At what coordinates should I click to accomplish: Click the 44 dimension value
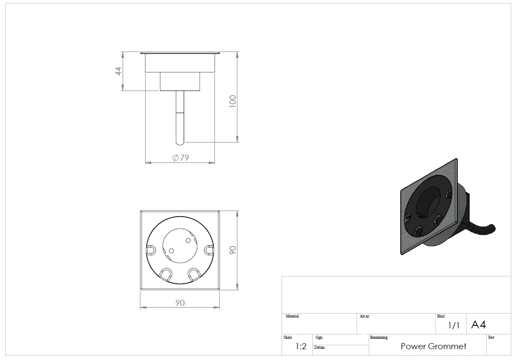[x=118, y=71]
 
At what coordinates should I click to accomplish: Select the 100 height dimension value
[x=233, y=101]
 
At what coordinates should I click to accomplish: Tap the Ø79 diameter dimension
[x=181, y=158]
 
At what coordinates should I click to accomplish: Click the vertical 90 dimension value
[x=233, y=250]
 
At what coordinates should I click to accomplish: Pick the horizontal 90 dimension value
[x=180, y=303]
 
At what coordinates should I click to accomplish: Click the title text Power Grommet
[x=433, y=346]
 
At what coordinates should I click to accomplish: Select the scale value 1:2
[x=301, y=346]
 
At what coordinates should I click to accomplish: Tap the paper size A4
[x=478, y=325]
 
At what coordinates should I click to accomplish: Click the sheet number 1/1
[x=454, y=325]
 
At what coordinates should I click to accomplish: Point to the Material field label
[x=292, y=316]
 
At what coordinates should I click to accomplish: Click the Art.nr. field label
[x=365, y=316]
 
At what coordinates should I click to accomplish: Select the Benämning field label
[x=379, y=337]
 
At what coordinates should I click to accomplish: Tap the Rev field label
[x=491, y=337]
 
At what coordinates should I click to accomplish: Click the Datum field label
[x=319, y=347]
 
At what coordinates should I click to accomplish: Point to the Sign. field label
[x=319, y=337]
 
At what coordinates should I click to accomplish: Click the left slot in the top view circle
[x=151, y=250]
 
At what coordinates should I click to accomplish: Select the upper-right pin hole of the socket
[x=188, y=240]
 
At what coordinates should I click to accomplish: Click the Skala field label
[x=288, y=337]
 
